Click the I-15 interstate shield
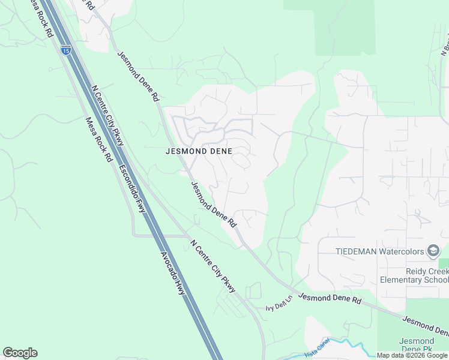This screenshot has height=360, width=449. (x=66, y=49)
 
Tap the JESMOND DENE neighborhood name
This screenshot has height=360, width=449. (x=199, y=152)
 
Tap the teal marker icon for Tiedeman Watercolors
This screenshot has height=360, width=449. (x=433, y=250)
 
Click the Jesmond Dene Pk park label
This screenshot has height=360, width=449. (x=417, y=345)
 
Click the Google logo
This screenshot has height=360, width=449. (x=20, y=353)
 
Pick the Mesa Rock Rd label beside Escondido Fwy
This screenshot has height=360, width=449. (x=99, y=139)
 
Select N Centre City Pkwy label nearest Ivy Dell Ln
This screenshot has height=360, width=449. (x=212, y=266)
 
